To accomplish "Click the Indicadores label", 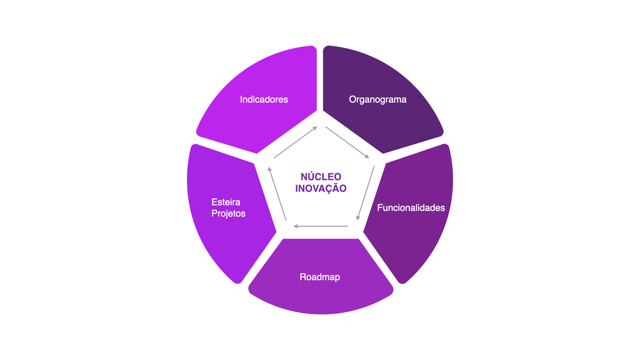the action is [264, 99].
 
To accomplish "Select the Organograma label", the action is [378, 100].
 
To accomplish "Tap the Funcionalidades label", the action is [411, 208].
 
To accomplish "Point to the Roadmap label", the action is [320, 277].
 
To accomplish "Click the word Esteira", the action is [226, 202].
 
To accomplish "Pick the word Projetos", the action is [228, 214].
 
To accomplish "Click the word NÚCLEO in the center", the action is [321, 176].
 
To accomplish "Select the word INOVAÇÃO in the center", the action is [321, 188].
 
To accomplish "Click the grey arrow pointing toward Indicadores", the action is [295, 142].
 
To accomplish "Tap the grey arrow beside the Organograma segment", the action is [347, 142].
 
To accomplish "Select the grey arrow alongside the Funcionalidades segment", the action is [366, 193].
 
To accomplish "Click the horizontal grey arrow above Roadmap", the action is [321, 226].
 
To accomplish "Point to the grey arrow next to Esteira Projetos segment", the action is [277, 194].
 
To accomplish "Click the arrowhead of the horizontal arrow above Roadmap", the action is [295, 226].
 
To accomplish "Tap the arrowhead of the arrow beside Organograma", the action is [367, 156].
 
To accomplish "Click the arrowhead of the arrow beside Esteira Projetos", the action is [270, 169].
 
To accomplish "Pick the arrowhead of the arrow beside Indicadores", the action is [315, 128].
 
